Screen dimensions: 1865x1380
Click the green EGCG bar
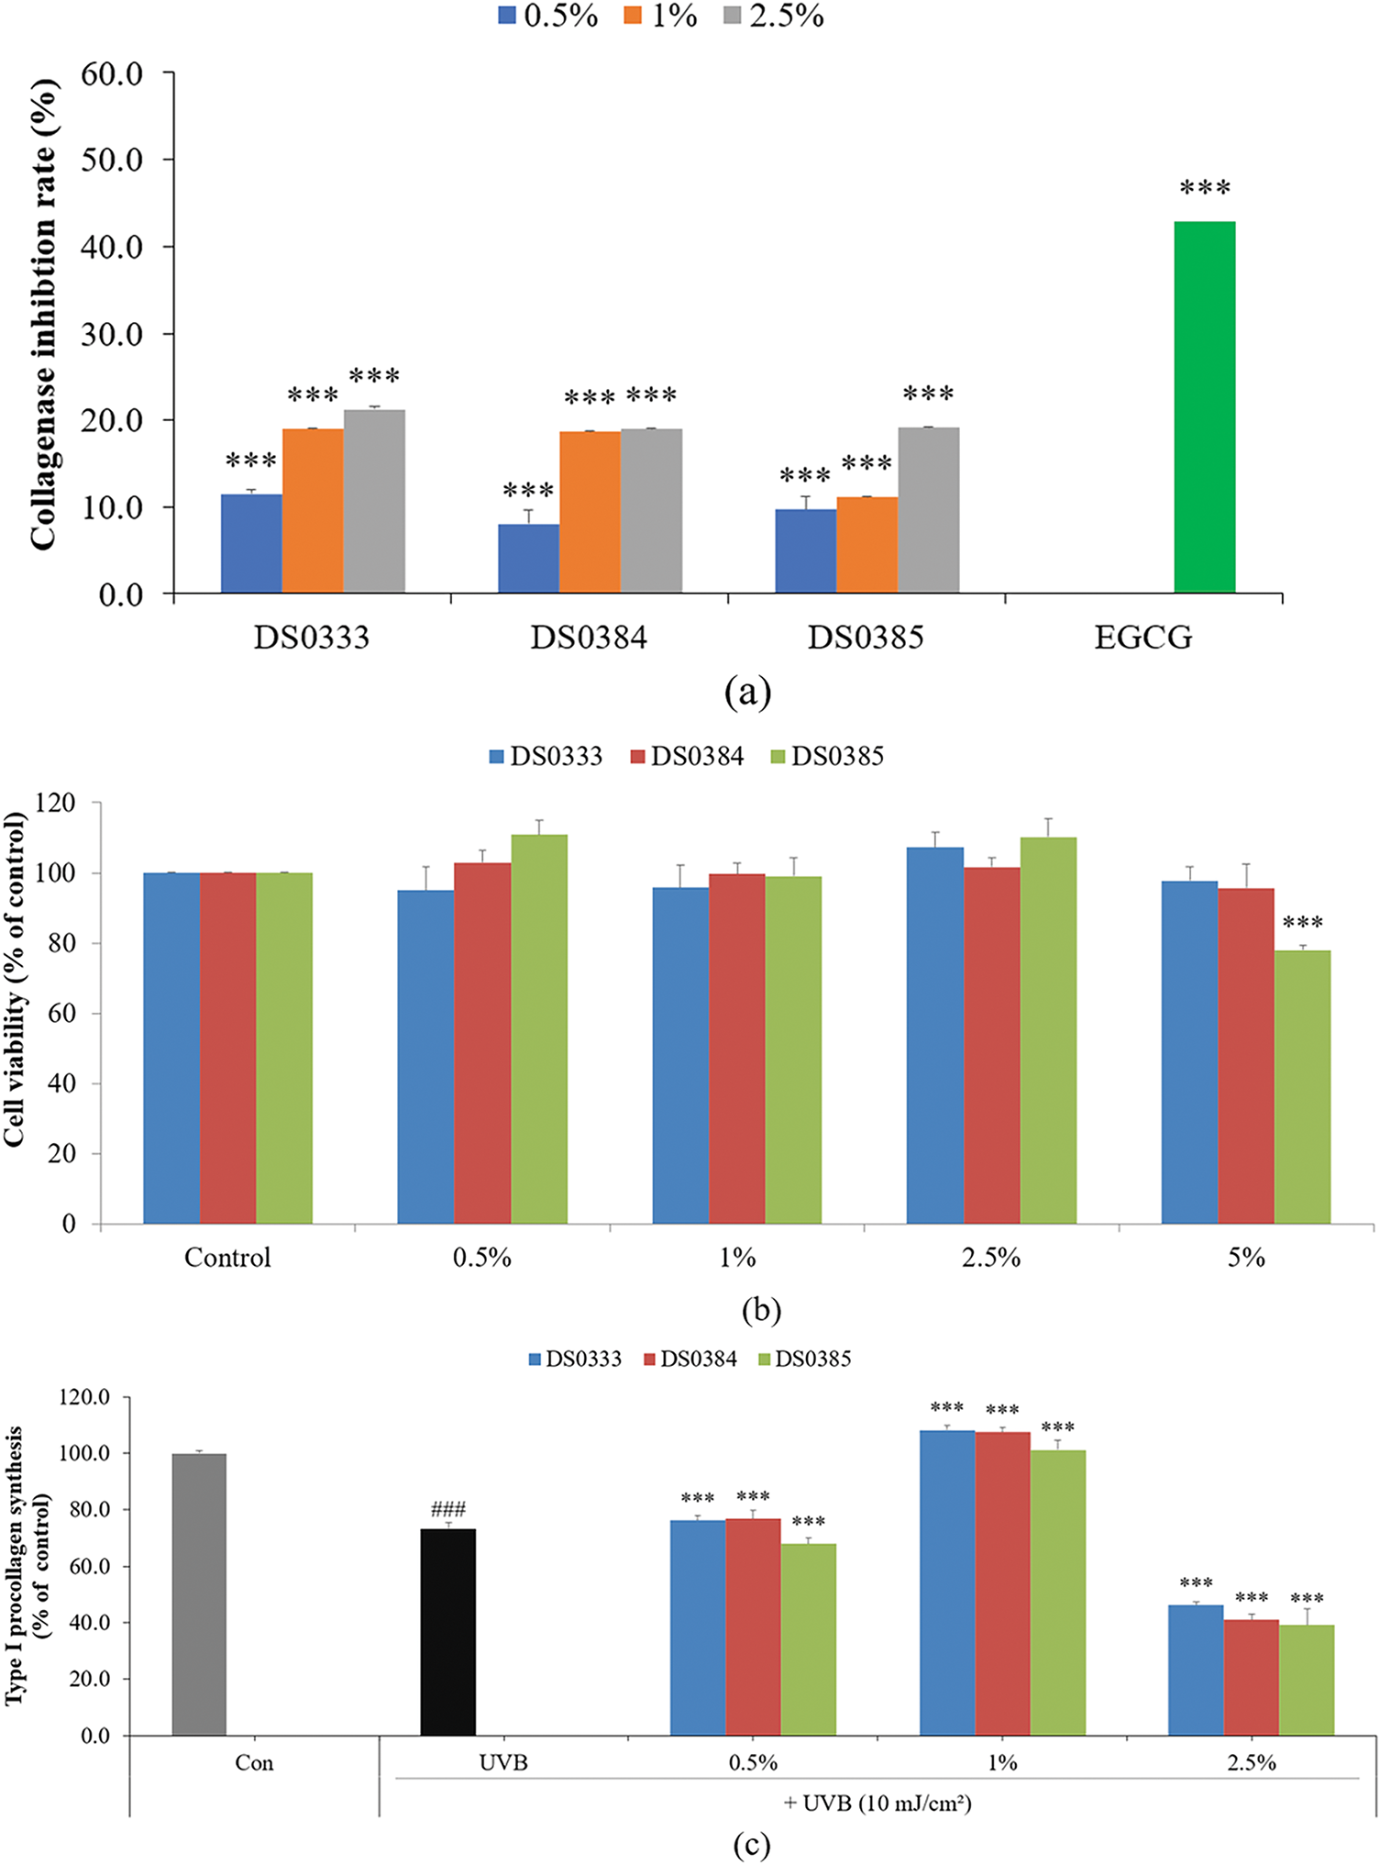[1204, 407]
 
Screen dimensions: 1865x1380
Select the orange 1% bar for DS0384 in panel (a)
[590, 512]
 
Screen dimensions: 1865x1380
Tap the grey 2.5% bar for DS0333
[374, 501]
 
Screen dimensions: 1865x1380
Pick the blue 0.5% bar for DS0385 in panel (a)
[805, 551]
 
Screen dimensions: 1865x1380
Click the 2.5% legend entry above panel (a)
[775, 16]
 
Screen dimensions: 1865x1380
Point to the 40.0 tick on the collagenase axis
[112, 247]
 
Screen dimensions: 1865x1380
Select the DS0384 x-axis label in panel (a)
[589, 638]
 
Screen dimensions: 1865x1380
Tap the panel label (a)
[747, 693]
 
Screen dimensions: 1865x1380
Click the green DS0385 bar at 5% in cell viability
[1302, 1087]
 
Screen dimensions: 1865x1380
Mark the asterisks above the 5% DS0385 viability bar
[1302, 922]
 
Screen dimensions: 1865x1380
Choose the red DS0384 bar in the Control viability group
[227, 1048]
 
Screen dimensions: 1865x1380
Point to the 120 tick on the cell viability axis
[56, 803]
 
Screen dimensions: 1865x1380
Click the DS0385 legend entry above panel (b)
[827, 756]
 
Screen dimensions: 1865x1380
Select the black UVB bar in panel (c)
[447, 1632]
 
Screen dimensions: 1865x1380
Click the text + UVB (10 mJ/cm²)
[878, 1803]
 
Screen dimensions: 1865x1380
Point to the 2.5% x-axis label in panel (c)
[1252, 1762]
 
